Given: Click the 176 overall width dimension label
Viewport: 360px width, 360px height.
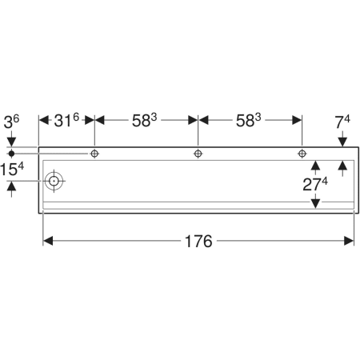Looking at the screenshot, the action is pos(198,242).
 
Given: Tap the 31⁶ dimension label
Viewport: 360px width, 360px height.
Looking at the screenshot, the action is pos(66,120).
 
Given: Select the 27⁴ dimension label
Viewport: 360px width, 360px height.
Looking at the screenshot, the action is pos(315,184).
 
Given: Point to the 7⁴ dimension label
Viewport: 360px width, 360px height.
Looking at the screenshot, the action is pos(342,122).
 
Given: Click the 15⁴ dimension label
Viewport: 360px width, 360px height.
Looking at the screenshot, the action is pos(12,170).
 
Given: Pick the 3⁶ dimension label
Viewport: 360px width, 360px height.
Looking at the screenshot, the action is pos(11,122).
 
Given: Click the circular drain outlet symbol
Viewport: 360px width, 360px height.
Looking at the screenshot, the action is pos(54,181).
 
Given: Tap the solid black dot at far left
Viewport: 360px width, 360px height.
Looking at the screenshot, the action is pos(11,154).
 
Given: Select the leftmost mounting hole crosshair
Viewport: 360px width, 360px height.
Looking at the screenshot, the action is pos(94,154).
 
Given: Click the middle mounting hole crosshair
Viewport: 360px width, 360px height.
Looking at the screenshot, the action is pos(198,154).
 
